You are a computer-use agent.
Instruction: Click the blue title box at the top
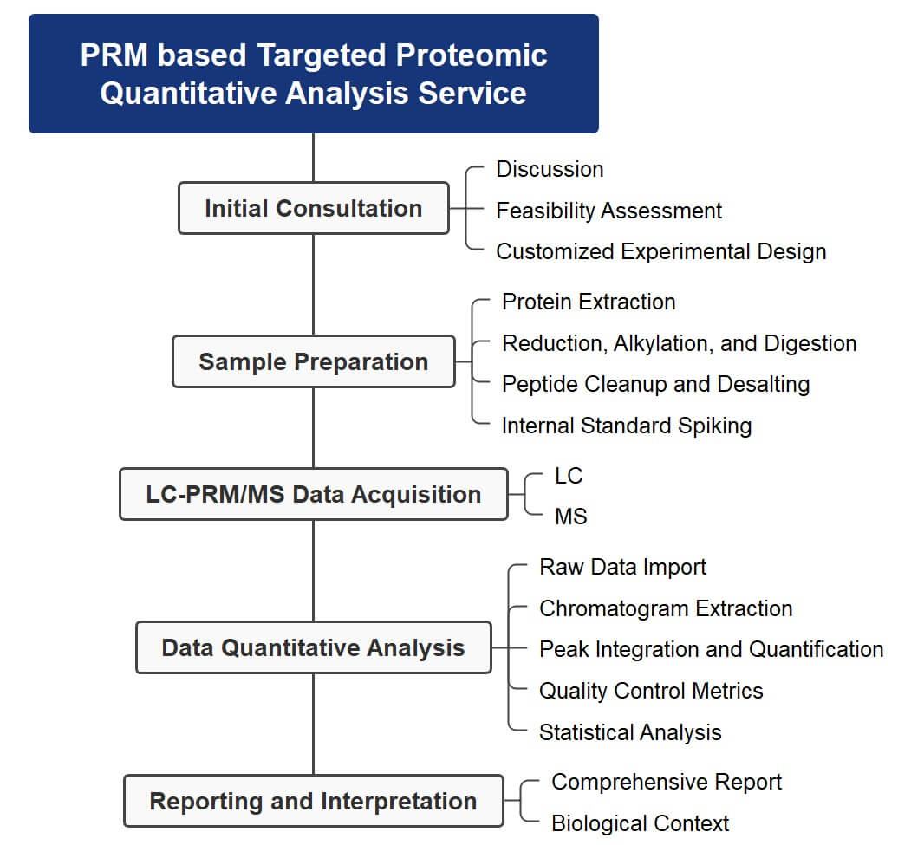[313, 74]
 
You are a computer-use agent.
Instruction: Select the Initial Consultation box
[313, 208]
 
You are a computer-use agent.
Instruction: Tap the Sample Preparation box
[313, 361]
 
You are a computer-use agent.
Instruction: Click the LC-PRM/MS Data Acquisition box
[313, 494]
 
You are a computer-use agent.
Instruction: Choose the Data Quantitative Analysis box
[313, 647]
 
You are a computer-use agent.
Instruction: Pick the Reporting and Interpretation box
[313, 801]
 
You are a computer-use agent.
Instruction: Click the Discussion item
[550, 169]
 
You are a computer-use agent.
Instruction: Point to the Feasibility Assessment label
[608, 211]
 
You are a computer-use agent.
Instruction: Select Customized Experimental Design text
[660, 251]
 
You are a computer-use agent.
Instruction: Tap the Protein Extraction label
[589, 302]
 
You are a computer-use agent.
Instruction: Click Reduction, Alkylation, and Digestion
[679, 343]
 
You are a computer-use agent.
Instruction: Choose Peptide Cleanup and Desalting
[655, 384]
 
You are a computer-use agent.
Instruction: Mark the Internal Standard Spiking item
[626, 426]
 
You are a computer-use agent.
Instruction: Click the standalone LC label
[569, 476]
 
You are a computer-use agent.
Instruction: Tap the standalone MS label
[570, 517]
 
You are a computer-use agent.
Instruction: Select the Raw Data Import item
[622, 567]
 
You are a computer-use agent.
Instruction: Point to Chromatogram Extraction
[666, 608]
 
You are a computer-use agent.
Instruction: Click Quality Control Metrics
[651, 691]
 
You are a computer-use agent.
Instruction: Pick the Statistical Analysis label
[630, 732]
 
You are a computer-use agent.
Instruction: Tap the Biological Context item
[640, 823]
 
